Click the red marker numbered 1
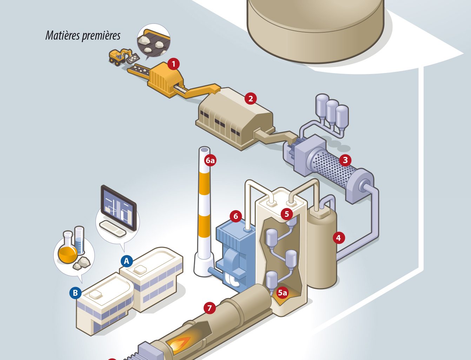[173, 64]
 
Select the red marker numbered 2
[250, 99]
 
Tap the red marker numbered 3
[345, 160]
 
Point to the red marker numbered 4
[338, 238]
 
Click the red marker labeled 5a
[282, 292]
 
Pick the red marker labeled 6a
[210, 161]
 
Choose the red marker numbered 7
[210, 308]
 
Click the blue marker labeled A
[127, 261]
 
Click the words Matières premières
[83, 35]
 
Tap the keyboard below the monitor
[113, 228]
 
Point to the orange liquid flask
[67, 251]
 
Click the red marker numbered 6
[235, 216]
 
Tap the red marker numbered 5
[287, 213]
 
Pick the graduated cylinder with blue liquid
[79, 241]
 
